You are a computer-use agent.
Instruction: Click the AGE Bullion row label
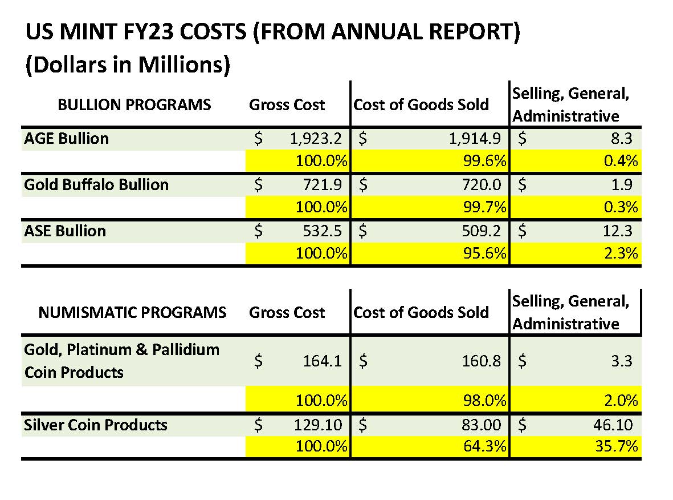click(x=66, y=139)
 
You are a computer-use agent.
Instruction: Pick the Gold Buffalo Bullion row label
click(x=96, y=185)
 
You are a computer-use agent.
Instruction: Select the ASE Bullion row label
click(x=65, y=231)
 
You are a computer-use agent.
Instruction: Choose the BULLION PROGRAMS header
click(x=134, y=105)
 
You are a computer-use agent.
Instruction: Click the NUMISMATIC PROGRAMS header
click(x=132, y=313)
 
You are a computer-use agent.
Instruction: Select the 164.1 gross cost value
click(x=324, y=361)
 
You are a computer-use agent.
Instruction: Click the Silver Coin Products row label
click(x=96, y=425)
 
